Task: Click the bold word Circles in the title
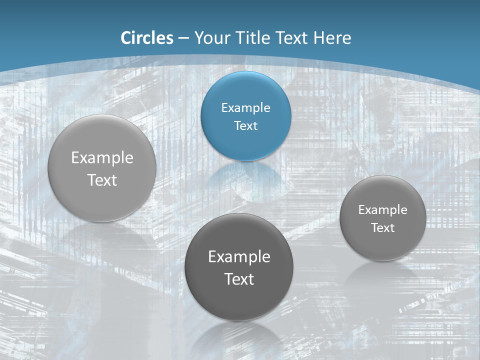[x=146, y=38]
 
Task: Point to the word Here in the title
[x=332, y=38]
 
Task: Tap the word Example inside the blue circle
[x=245, y=107]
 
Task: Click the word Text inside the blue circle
[x=245, y=125]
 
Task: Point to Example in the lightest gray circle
[x=102, y=157]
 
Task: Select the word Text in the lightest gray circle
[x=102, y=180]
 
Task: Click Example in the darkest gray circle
[x=239, y=256]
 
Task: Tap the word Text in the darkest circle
[x=239, y=279]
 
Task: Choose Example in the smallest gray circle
[x=382, y=209]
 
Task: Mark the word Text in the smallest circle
[x=382, y=227]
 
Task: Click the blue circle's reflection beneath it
[x=245, y=175]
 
